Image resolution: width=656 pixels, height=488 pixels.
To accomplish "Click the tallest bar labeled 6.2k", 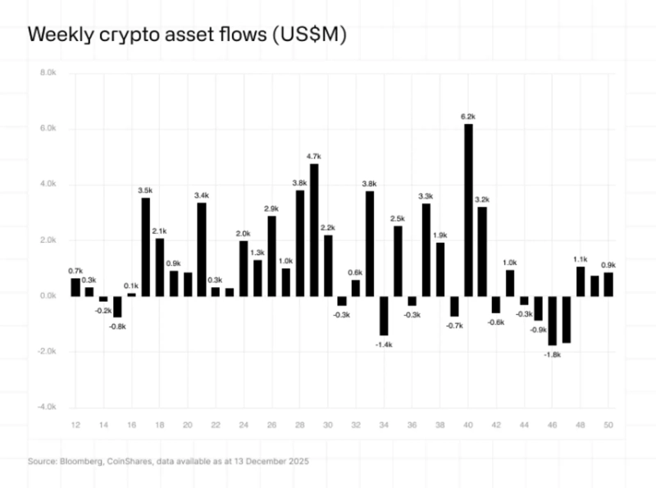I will (468, 210).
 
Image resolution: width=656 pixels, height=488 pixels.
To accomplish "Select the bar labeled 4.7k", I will (314, 230).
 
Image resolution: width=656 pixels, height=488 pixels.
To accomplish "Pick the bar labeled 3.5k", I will (146, 247).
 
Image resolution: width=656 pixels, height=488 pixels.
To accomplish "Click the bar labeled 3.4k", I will (201, 249).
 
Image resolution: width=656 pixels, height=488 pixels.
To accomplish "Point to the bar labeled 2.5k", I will (398, 261).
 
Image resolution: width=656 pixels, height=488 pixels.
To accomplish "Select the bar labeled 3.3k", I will (426, 249).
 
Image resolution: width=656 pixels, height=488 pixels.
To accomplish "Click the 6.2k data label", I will (468, 117).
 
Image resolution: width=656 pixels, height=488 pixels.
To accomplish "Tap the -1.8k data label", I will (552, 353).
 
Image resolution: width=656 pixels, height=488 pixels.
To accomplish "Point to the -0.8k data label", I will (117, 326).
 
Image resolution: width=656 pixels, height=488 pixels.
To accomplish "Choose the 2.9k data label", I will (271, 209).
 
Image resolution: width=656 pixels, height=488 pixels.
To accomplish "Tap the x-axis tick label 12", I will (75, 425).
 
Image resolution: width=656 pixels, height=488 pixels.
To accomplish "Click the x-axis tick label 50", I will (608, 425).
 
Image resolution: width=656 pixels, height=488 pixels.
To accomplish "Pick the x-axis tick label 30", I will (328, 425).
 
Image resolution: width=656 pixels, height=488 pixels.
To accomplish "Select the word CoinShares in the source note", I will (128, 462).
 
